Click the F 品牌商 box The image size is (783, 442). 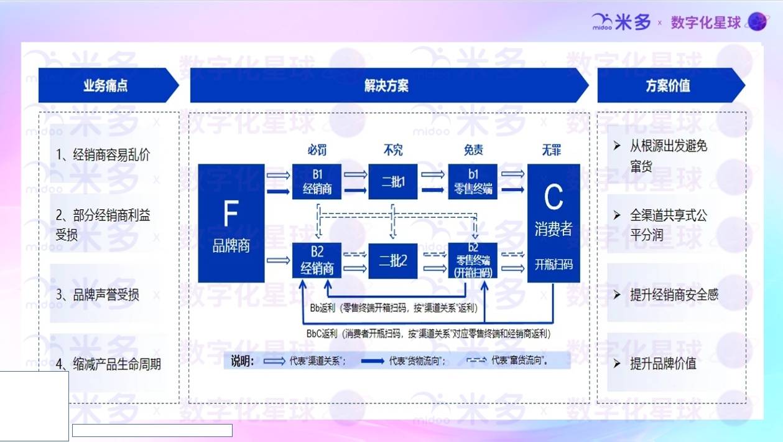231,223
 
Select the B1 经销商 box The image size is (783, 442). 317,182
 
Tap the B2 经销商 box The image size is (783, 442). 317,260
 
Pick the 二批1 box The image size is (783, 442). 392,182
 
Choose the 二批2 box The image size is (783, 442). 392,260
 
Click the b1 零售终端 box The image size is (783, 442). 473,182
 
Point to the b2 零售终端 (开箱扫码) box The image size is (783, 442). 473,260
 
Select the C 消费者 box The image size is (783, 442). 553,223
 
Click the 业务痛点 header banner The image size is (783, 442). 106,85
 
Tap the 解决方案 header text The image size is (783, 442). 386,85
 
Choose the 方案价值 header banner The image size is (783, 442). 668,85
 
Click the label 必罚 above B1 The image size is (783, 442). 317,150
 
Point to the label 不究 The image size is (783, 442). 393,150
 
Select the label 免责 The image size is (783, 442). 473,150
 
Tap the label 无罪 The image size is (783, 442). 551,150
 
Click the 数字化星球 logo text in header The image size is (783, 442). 706,23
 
